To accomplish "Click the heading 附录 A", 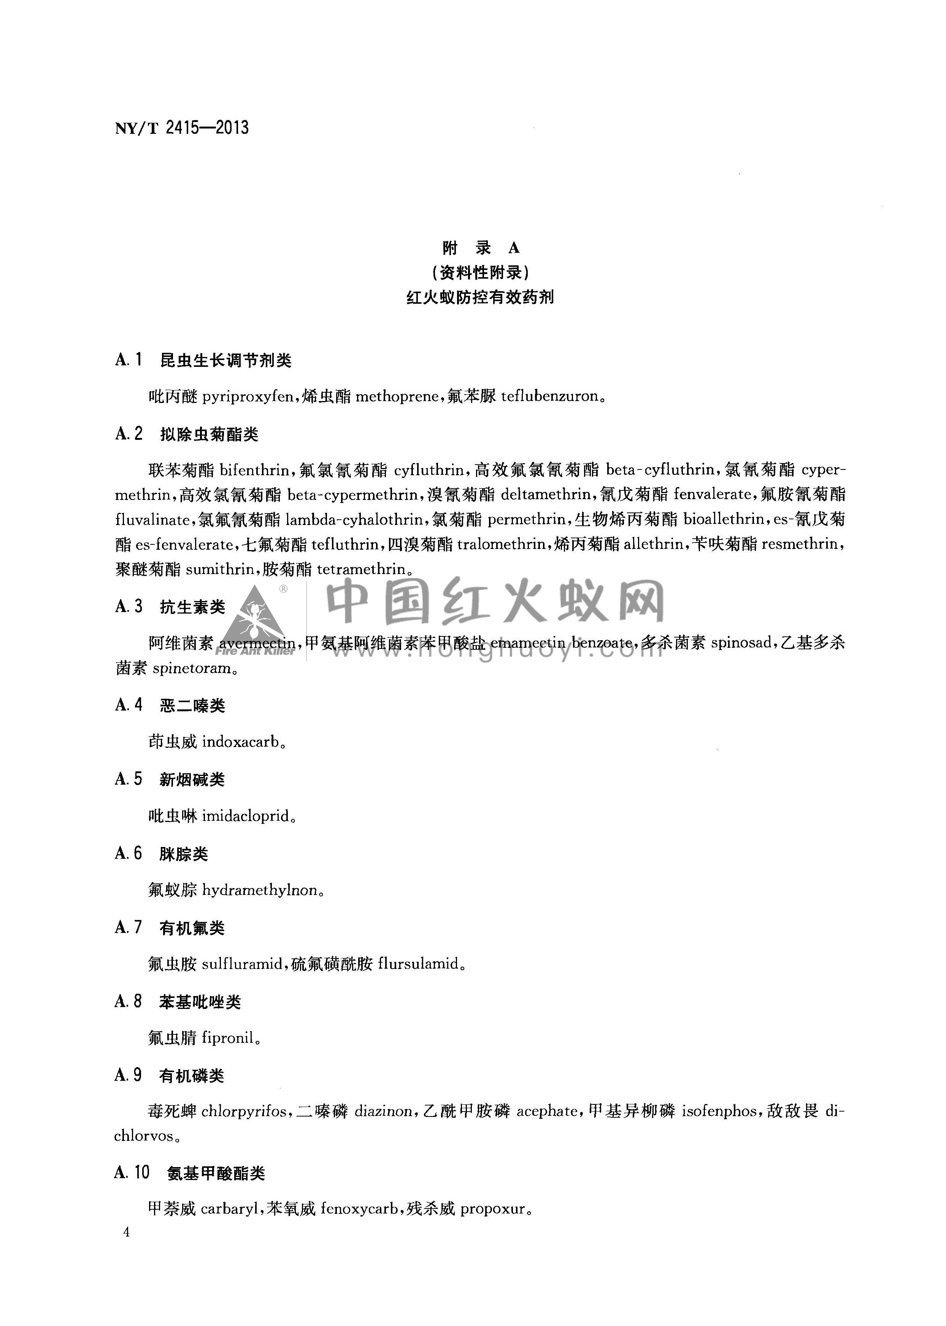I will click(481, 248).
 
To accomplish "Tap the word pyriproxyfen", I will click(248, 397).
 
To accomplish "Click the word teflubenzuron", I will click(549, 397).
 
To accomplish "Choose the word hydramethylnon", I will click(260, 890).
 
